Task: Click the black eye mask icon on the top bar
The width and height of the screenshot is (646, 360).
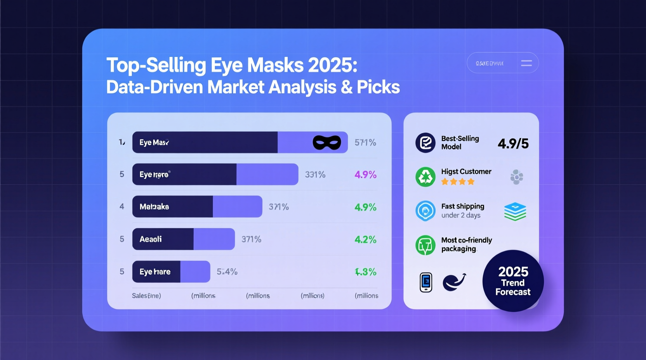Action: click(327, 143)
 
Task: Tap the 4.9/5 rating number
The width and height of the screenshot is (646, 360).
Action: click(513, 144)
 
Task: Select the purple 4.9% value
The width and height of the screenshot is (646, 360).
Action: click(365, 175)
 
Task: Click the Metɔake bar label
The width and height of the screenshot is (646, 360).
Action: click(154, 207)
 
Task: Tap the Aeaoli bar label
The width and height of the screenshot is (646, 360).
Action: click(151, 239)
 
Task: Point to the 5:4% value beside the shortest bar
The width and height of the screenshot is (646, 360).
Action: click(227, 272)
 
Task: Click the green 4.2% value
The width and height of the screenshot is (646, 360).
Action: click(365, 240)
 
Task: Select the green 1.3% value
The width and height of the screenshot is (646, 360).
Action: click(365, 272)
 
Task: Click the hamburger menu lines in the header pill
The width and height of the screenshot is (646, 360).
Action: click(526, 63)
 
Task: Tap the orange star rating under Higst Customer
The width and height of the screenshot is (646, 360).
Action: click(458, 182)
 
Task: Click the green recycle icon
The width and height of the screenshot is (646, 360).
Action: click(425, 177)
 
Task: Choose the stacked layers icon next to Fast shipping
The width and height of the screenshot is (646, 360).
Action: click(515, 211)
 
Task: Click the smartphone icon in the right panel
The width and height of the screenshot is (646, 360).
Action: click(426, 282)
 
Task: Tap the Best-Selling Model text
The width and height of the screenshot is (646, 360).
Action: click(460, 143)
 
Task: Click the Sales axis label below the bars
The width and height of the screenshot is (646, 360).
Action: click(146, 296)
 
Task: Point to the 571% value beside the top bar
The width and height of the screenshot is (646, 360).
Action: click(365, 143)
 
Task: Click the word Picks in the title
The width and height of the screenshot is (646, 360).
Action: click(378, 87)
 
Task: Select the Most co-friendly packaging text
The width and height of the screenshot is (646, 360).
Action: click(466, 244)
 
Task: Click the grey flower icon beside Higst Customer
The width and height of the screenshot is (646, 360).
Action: click(516, 177)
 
